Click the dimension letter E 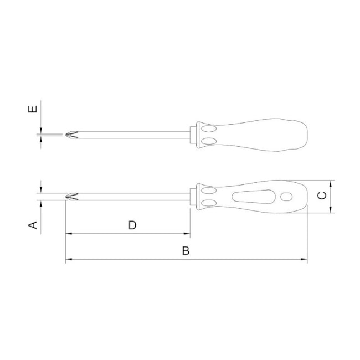point(32,109)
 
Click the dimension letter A point(33,225)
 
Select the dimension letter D point(132,225)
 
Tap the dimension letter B point(186,251)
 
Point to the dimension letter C point(322,196)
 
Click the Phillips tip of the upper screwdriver point(71,135)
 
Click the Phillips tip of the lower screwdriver point(71,197)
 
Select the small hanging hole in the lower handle point(286,197)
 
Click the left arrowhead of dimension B point(69,259)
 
